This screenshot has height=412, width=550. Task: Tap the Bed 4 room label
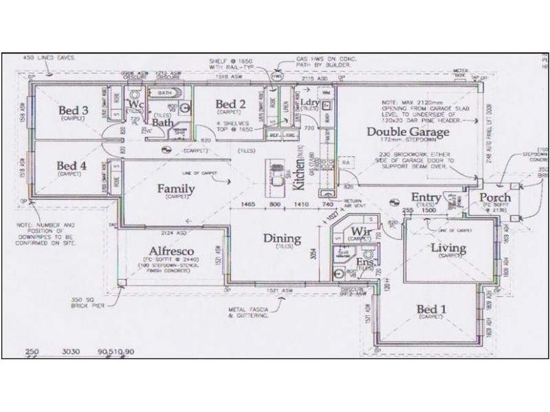pos(72,165)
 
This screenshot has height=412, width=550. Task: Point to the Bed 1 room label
pos(432,310)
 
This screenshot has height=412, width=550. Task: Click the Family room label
pos(175,189)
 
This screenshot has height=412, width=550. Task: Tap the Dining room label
pos(283,239)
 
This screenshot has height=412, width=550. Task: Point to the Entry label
pos(426,198)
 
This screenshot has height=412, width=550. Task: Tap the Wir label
pos(361,231)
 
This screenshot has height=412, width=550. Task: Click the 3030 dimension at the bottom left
pos(71,352)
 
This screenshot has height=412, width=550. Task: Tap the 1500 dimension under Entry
pos(429,211)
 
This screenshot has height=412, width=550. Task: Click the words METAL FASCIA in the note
pos(248,310)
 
